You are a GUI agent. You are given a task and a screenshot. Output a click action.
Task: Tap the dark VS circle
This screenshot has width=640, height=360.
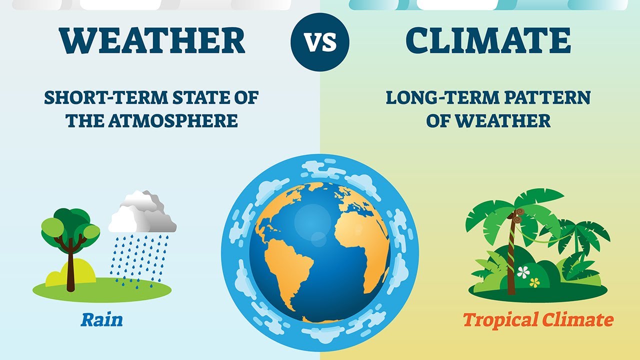tap(320, 42)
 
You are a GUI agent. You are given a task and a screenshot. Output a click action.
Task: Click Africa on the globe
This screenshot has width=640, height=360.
tap(362, 240)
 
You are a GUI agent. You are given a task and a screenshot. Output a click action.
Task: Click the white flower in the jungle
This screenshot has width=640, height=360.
tap(523, 272)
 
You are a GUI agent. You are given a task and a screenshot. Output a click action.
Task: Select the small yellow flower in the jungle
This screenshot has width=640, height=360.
tap(535, 282)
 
